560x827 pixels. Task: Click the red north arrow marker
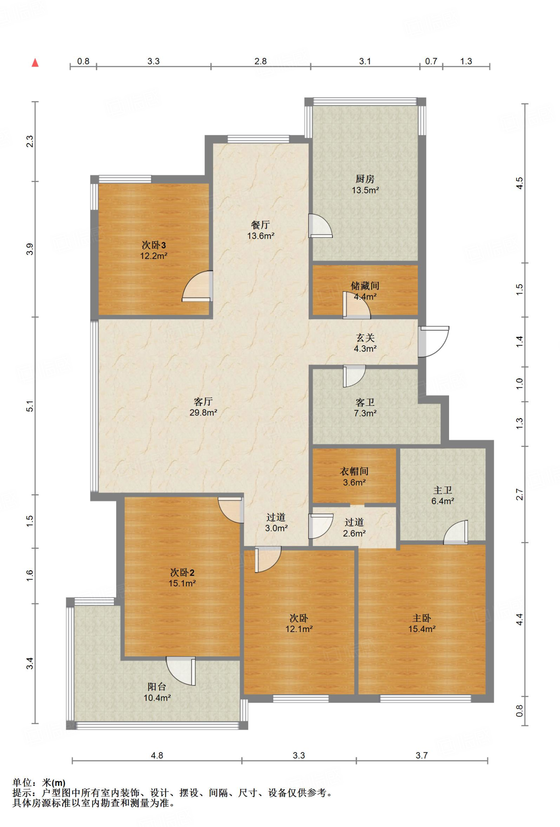pyautogui.click(x=35, y=63)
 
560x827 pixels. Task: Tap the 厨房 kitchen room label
pyautogui.click(x=365, y=179)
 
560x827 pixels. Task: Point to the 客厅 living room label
pyautogui.click(x=203, y=402)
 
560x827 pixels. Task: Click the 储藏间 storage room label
pyautogui.click(x=365, y=286)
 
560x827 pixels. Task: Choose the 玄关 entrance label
pyautogui.click(x=365, y=338)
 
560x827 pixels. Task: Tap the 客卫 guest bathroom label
pyautogui.click(x=365, y=403)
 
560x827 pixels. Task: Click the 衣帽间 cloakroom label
pyautogui.click(x=354, y=471)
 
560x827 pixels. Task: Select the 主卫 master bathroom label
pyautogui.click(x=443, y=490)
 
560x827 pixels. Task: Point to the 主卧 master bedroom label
pyautogui.click(x=422, y=618)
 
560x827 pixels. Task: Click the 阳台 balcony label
pyautogui.click(x=157, y=687)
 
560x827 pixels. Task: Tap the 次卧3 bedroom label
pyautogui.click(x=154, y=245)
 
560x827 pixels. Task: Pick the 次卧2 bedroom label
pyautogui.click(x=182, y=573)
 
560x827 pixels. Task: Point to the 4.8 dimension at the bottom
pyautogui.click(x=157, y=756)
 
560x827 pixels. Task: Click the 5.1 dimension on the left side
pyautogui.click(x=30, y=406)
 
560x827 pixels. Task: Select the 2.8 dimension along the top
pyautogui.click(x=261, y=61)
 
